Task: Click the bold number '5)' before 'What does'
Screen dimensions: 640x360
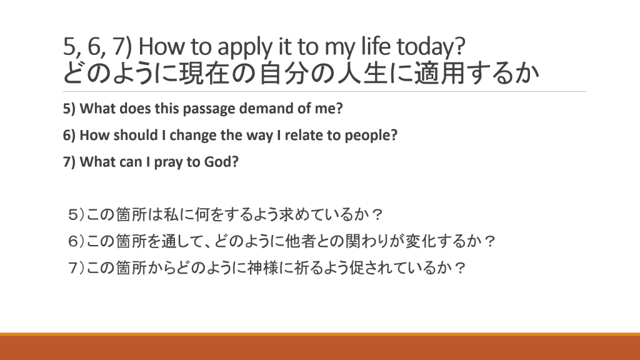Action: click(x=69, y=109)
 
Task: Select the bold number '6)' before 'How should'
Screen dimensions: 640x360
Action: click(x=69, y=135)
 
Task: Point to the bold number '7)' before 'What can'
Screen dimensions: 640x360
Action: click(x=69, y=162)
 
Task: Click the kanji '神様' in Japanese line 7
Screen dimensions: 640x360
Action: click(x=262, y=267)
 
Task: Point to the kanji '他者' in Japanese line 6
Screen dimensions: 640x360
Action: click(x=300, y=241)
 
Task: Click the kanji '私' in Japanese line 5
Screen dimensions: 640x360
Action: click(x=171, y=214)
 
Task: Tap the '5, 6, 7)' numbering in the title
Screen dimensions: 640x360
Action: click(x=97, y=46)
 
